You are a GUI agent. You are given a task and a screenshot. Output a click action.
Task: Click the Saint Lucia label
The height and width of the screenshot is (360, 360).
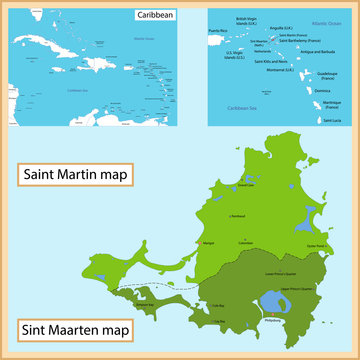330,121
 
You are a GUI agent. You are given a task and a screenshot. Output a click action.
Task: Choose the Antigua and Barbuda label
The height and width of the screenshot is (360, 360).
323,52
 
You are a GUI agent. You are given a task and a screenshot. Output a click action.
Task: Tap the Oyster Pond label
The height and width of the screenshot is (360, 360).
317,242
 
